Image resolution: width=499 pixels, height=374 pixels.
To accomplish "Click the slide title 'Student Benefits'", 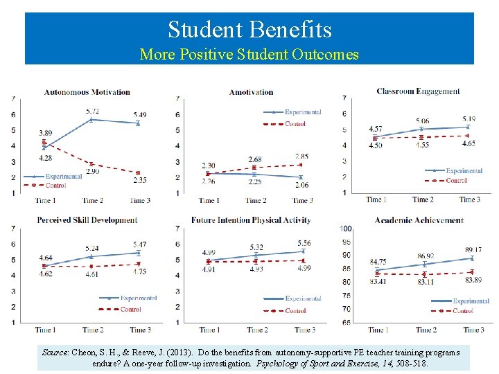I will pyautogui.click(x=249, y=29).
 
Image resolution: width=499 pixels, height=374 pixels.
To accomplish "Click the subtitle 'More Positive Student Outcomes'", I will pyautogui.click(x=249, y=54).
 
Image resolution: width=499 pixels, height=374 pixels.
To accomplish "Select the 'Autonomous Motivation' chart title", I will pyautogui.click(x=87, y=92).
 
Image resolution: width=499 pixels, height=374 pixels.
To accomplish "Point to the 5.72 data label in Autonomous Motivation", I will pyautogui.click(x=92, y=111).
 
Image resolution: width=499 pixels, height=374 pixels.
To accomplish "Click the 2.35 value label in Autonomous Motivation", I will pyautogui.click(x=140, y=180).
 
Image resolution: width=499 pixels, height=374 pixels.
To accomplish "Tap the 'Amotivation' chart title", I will pyautogui.click(x=251, y=92).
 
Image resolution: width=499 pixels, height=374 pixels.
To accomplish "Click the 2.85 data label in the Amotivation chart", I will pyautogui.click(x=302, y=157).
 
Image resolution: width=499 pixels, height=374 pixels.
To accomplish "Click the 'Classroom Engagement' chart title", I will pyautogui.click(x=418, y=91).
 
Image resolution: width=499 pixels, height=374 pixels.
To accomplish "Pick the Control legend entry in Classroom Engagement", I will pyautogui.click(x=456, y=180).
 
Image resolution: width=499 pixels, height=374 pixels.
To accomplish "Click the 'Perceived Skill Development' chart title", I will pyautogui.click(x=87, y=220).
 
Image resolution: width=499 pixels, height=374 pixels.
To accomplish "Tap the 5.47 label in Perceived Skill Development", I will pyautogui.click(x=140, y=244).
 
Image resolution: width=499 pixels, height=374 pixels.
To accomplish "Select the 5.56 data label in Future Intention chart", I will pyautogui.click(x=304, y=243).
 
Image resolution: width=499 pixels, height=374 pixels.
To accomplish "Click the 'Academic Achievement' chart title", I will pyautogui.click(x=419, y=220).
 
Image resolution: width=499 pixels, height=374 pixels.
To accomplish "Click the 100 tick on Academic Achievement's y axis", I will pyautogui.click(x=347, y=229).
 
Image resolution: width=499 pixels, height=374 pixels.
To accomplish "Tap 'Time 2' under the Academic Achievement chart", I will pyautogui.click(x=426, y=330).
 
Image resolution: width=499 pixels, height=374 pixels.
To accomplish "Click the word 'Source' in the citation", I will pyautogui.click(x=55, y=353).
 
